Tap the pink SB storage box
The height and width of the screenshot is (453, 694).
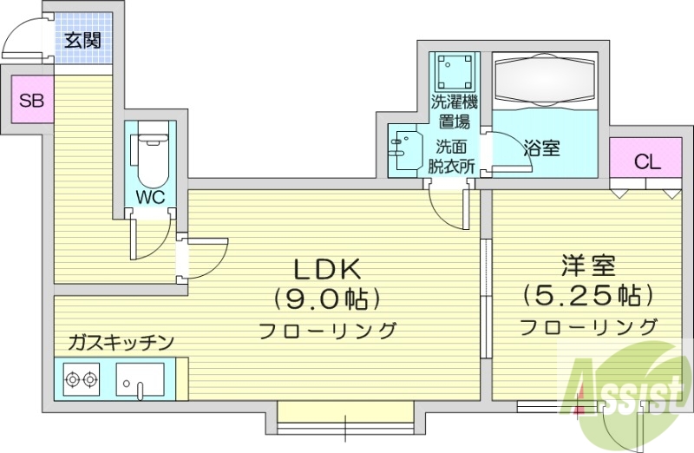(x=31, y=100)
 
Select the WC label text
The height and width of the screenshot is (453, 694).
(x=150, y=196)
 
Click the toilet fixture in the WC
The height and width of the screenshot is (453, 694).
(x=151, y=152)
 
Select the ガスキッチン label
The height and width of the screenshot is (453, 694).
(x=121, y=341)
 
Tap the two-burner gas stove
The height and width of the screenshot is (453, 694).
(x=81, y=379)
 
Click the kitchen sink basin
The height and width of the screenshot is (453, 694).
(x=140, y=379)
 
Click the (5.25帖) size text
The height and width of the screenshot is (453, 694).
(x=587, y=296)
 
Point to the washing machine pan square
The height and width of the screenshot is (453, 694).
(x=455, y=69)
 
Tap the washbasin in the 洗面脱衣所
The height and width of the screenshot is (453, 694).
(x=402, y=152)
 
